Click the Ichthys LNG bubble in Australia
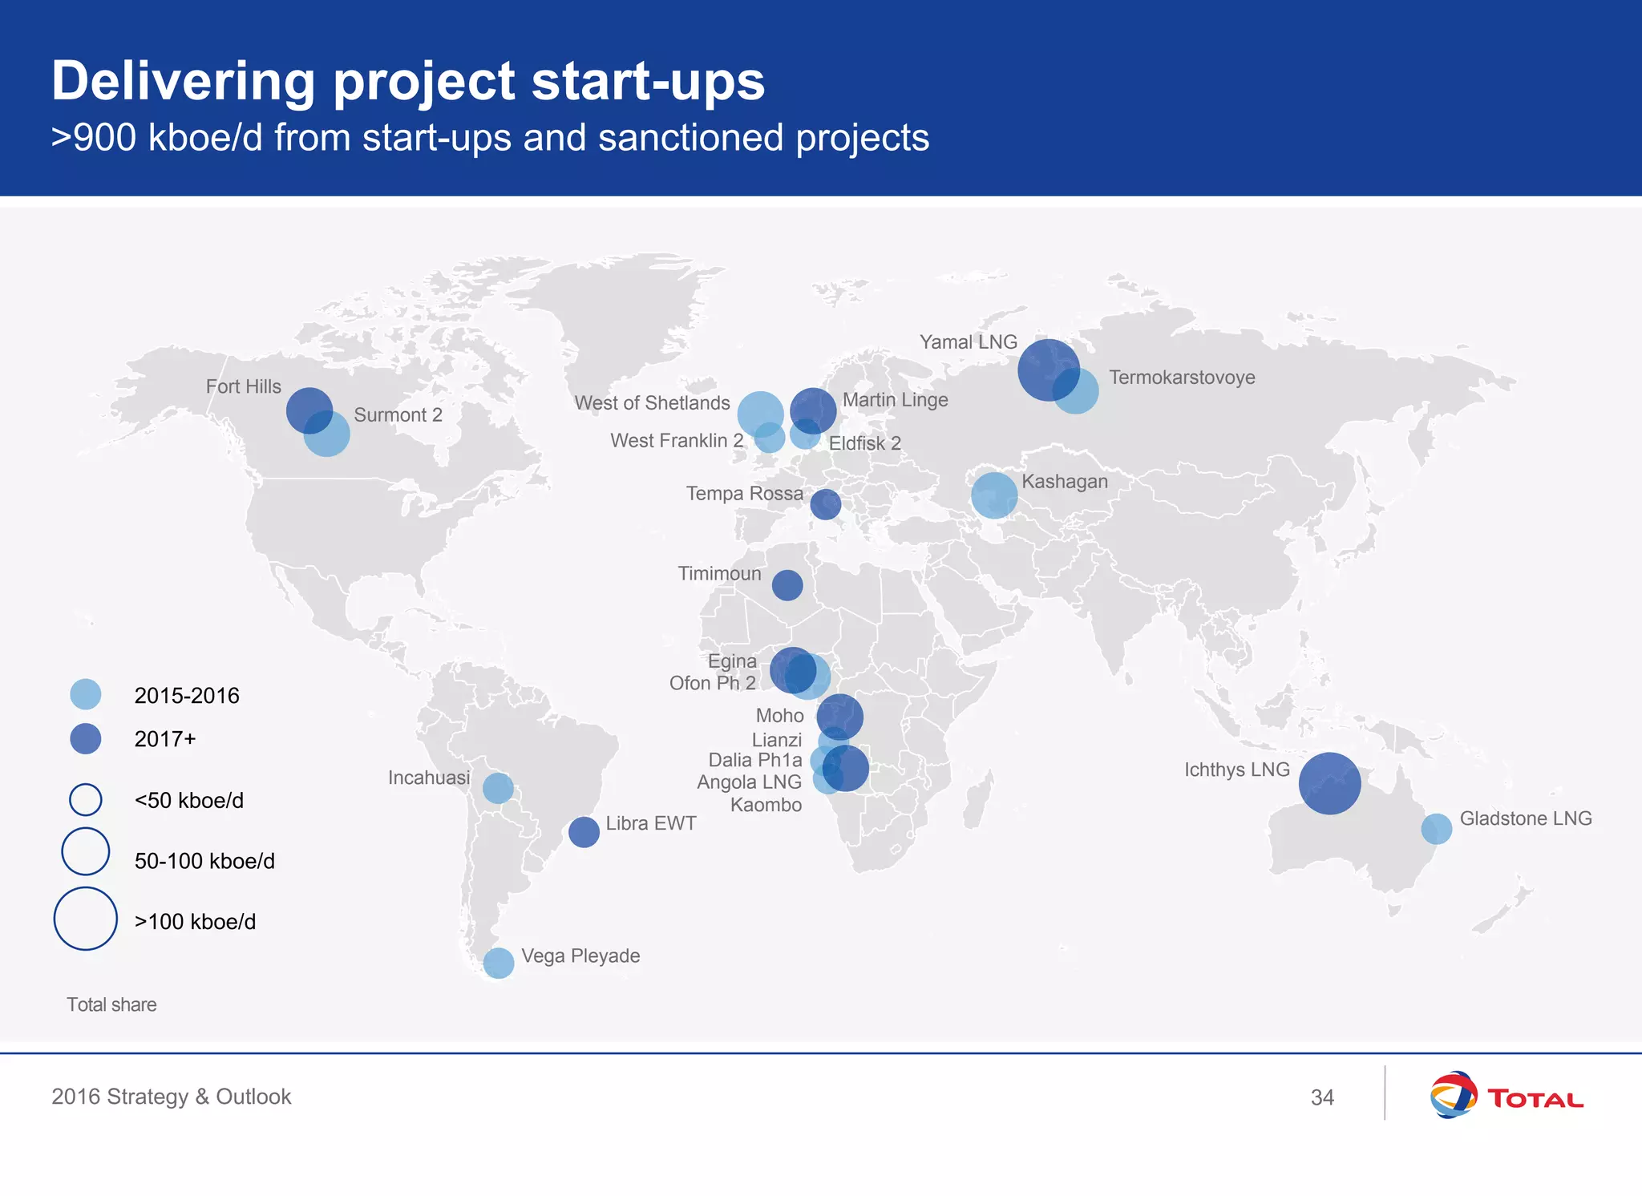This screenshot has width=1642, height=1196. point(1329,783)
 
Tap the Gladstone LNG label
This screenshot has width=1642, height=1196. point(1525,818)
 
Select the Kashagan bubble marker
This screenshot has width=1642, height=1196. point(994,495)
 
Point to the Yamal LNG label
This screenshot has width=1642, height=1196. point(968,342)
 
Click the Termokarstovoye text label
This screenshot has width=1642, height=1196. point(1182,378)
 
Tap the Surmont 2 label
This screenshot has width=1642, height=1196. point(398,415)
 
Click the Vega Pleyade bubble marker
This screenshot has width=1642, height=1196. point(498,963)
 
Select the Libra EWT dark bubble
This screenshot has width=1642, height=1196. point(584,831)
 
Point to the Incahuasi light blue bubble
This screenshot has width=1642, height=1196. point(498,788)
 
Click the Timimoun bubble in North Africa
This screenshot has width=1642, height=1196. point(787,585)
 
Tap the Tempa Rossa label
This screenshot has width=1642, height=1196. point(744,494)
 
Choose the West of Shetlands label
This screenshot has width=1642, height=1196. point(652,403)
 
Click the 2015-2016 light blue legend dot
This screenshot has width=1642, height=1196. point(86,694)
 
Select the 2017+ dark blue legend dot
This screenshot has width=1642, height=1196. point(86,738)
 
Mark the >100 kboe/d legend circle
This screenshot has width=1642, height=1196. point(86,919)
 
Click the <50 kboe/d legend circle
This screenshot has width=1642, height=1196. point(86,799)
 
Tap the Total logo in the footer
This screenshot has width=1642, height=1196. point(1506,1095)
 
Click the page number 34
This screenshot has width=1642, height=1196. point(1322,1097)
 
